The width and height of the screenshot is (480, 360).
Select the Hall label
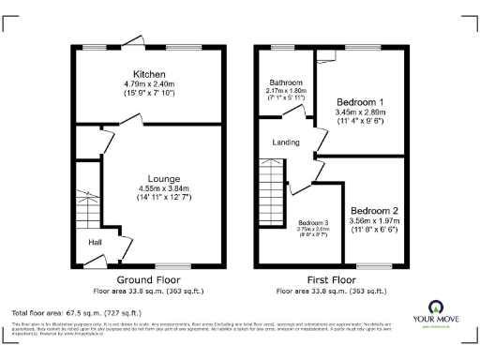[x=95, y=242]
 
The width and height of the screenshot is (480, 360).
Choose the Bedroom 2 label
[x=374, y=210]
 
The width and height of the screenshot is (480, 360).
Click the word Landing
[x=285, y=142]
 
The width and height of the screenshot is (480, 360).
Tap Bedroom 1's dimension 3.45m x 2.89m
[x=360, y=112]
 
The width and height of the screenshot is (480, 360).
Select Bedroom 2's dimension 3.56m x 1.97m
[x=374, y=220]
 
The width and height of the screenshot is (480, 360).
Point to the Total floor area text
[x=77, y=312]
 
